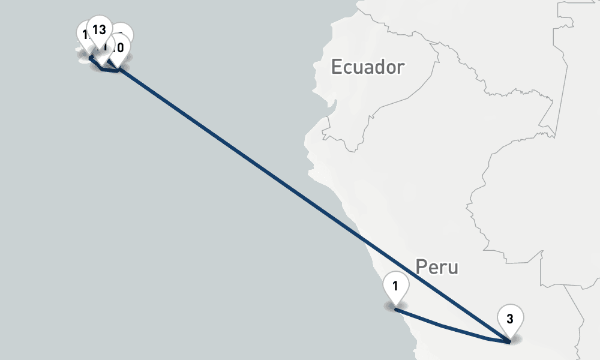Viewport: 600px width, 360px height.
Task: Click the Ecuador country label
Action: click(367, 67)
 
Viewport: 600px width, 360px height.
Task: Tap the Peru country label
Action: click(436, 266)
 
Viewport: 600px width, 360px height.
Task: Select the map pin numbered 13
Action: click(100, 30)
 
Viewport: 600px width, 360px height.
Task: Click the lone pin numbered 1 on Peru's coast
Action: click(395, 286)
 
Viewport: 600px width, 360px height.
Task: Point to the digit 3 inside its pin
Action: click(509, 319)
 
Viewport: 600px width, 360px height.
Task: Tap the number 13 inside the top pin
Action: click(100, 29)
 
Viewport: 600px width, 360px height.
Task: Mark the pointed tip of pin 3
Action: click(509, 341)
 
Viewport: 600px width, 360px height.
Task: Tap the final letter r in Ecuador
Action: click(400, 68)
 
